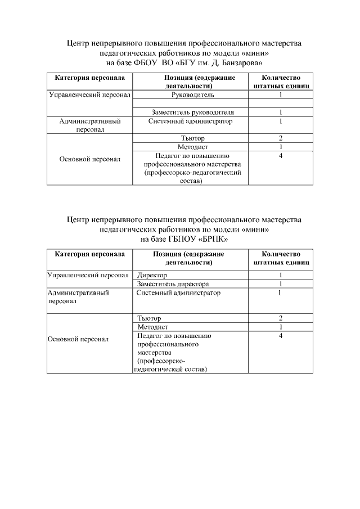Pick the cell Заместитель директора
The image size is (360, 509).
pyautogui.click(x=173, y=284)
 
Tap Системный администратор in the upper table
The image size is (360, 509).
pyautogui.click(x=190, y=121)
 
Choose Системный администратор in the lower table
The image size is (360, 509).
pyautogui.click(x=179, y=293)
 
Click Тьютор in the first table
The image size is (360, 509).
pyautogui.click(x=192, y=138)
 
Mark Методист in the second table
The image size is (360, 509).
pyautogui.click(x=153, y=327)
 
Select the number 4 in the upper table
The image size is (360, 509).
pyautogui.click(x=280, y=155)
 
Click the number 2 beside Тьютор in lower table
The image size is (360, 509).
pyautogui.click(x=280, y=318)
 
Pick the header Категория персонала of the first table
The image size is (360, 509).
pyautogui.click(x=89, y=78)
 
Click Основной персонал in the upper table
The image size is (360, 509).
pyautogui.click(x=90, y=159)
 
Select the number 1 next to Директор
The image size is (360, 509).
pyautogui.click(x=280, y=276)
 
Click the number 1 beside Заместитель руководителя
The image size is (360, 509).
pyautogui.click(x=280, y=112)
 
